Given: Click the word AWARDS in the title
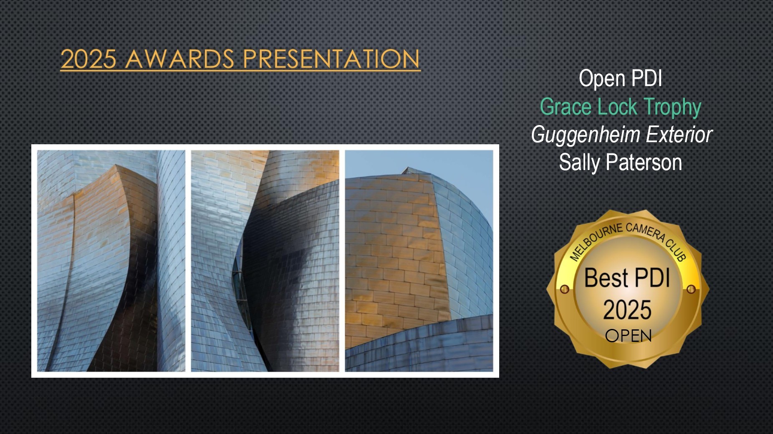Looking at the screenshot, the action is pos(179,59).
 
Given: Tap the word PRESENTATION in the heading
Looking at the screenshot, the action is pos(331,59).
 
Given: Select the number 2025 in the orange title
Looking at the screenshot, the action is pos(88,59).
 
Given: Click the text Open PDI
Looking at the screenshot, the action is pos(620,78).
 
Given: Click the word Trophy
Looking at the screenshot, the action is pos(672,108).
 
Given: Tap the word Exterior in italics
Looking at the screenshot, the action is pos(679,135).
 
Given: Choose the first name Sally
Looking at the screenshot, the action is pos(579,163).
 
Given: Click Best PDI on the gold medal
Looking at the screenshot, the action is pos(627,278).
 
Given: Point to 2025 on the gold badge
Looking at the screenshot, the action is pos(627,310).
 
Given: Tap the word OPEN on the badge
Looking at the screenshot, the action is pos(628,336).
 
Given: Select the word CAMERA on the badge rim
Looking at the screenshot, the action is pos(645,232).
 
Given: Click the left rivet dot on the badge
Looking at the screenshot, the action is pos(564,289).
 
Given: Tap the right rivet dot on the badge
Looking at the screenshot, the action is pos(691,289).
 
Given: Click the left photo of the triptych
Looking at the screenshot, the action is pos(111,261).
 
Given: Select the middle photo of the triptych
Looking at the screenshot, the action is pos(265,261).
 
